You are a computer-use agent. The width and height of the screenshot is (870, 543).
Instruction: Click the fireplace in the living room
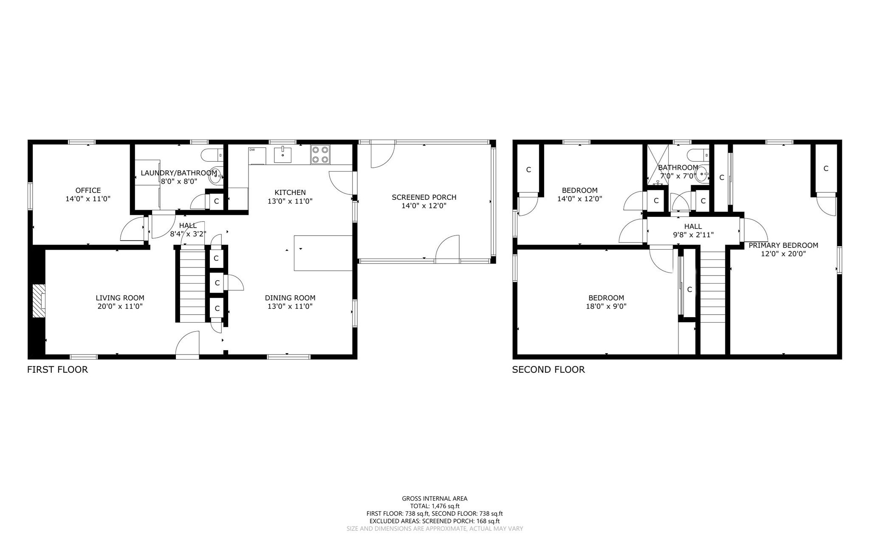39,301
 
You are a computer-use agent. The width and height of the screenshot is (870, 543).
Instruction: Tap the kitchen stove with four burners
320,155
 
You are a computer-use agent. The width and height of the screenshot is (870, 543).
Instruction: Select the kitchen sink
282,155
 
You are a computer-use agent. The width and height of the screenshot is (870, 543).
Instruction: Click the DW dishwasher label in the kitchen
252,150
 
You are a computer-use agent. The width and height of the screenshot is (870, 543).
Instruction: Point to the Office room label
88,190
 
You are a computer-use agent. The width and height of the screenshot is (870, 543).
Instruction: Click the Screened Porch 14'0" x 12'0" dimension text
424,206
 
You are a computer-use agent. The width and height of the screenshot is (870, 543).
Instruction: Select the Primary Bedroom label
783,245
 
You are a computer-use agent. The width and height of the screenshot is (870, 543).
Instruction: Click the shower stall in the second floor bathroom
657,163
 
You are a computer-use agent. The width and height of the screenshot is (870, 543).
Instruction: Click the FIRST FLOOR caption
57,369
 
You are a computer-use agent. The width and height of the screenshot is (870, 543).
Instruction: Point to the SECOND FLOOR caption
548,369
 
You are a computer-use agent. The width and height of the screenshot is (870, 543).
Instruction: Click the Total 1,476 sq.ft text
435,506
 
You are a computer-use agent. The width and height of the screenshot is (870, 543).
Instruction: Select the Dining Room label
290,298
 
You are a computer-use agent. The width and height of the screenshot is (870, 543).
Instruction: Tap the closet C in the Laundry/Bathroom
216,201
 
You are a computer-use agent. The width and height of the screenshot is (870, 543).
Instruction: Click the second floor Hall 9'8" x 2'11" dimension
693,235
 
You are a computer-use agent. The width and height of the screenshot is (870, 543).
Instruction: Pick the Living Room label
120,298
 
